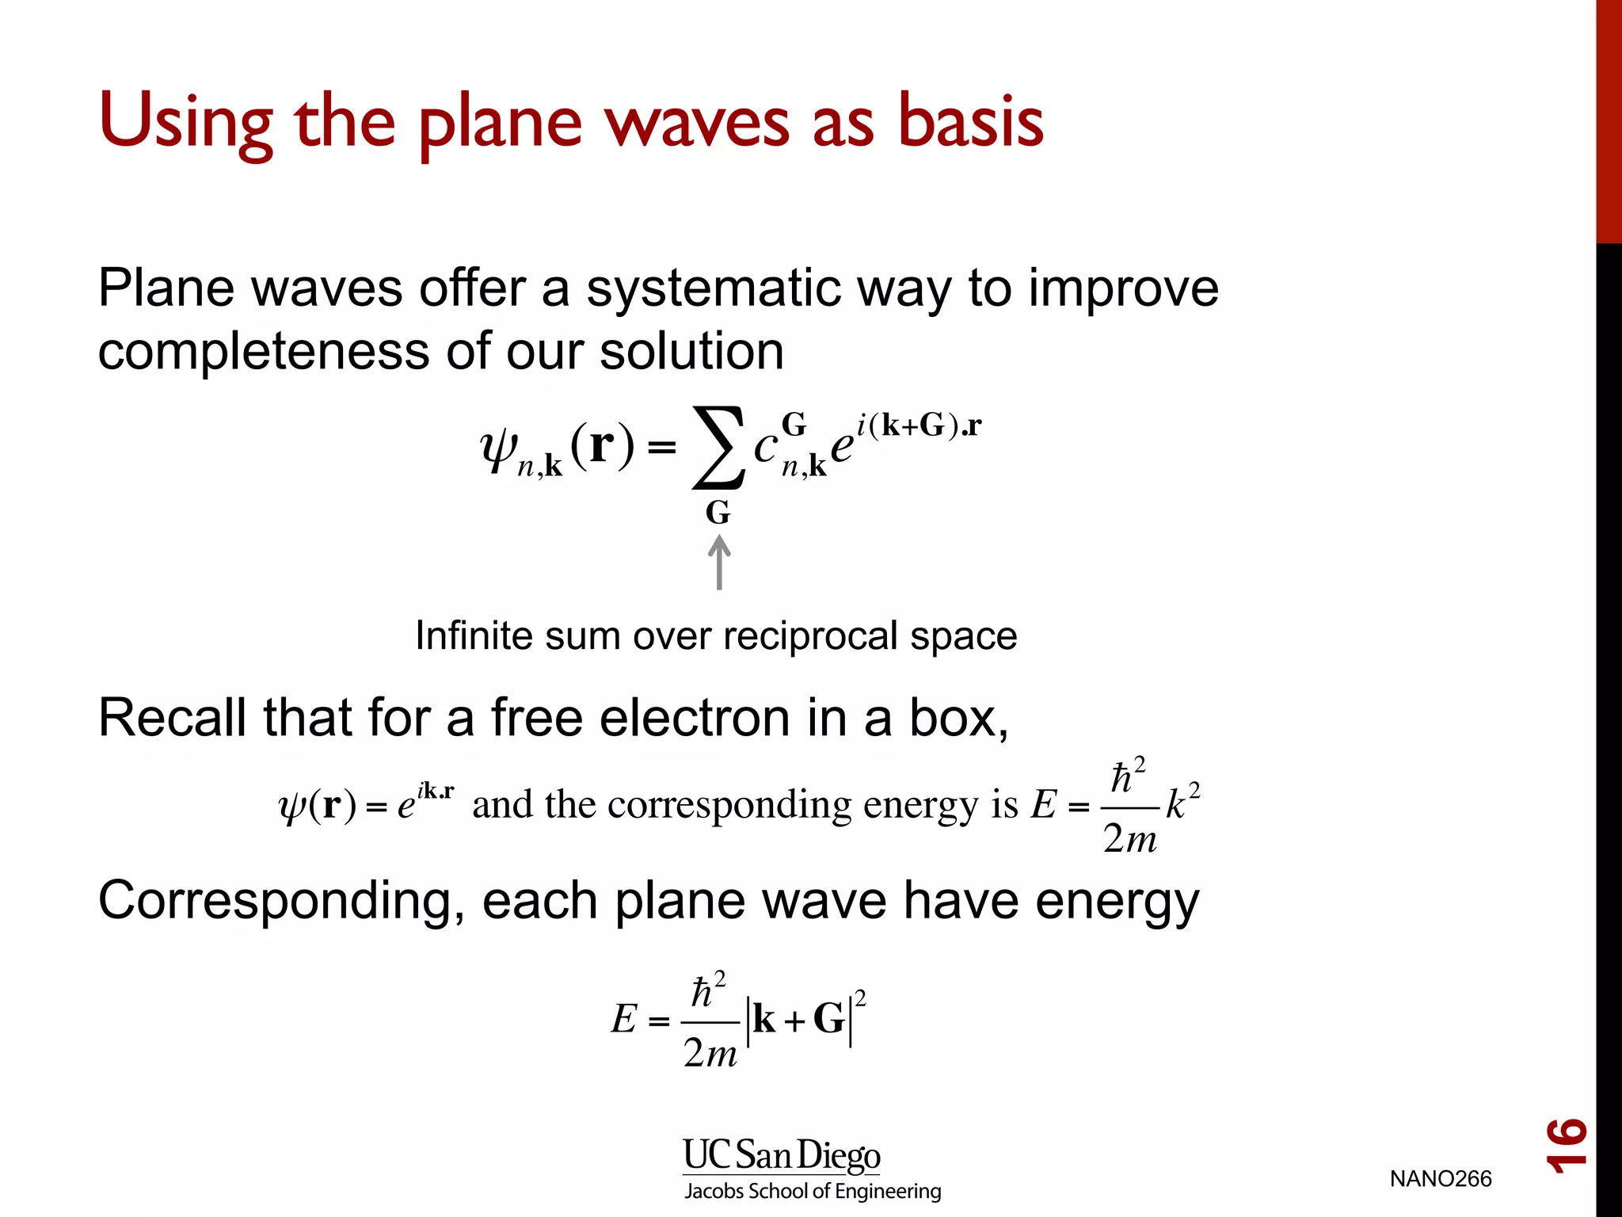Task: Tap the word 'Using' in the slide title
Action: pyautogui.click(x=185, y=123)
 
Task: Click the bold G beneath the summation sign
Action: pyautogui.click(x=718, y=513)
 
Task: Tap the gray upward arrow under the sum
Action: pyautogui.click(x=719, y=562)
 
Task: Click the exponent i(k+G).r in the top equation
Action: pyautogui.click(x=919, y=426)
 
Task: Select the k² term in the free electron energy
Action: pyautogui.click(x=1182, y=803)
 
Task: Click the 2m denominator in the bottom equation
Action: pyautogui.click(x=710, y=1053)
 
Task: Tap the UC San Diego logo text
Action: pyautogui.click(x=781, y=1155)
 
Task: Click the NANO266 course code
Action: pyautogui.click(x=1440, y=1179)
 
